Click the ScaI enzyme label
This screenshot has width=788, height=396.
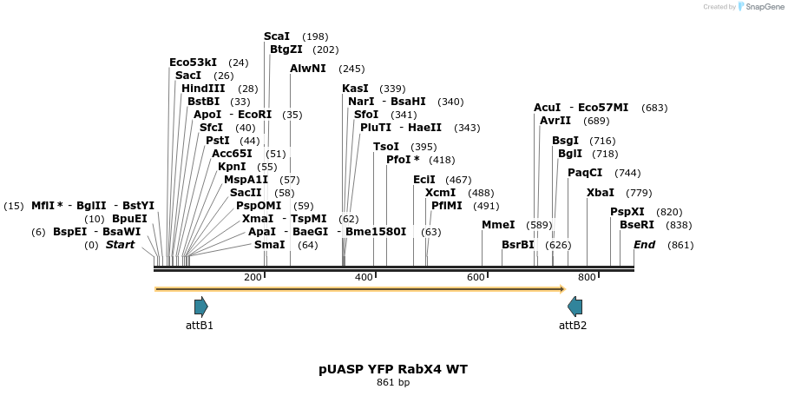[x=277, y=36]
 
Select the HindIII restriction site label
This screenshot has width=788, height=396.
[x=203, y=89]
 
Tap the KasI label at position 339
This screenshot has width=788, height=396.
[x=355, y=89]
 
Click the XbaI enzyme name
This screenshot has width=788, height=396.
[x=601, y=193]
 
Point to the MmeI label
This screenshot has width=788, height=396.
[x=498, y=225]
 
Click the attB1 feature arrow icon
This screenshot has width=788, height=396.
[x=201, y=306]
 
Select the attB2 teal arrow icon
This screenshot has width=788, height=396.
[x=575, y=306]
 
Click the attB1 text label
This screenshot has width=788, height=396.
[x=200, y=326]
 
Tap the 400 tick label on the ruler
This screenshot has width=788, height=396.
[x=364, y=277]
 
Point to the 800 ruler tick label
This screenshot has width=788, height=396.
[x=587, y=277]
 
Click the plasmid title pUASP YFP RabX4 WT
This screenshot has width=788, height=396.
[x=393, y=369]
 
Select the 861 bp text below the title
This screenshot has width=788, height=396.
[x=393, y=382]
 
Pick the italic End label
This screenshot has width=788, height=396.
[x=644, y=245]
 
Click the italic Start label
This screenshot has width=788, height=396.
[x=121, y=245]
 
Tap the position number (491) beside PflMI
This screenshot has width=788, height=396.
[x=486, y=206]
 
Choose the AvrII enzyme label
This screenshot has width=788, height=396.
[x=555, y=121]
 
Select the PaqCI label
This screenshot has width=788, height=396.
[x=585, y=173]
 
